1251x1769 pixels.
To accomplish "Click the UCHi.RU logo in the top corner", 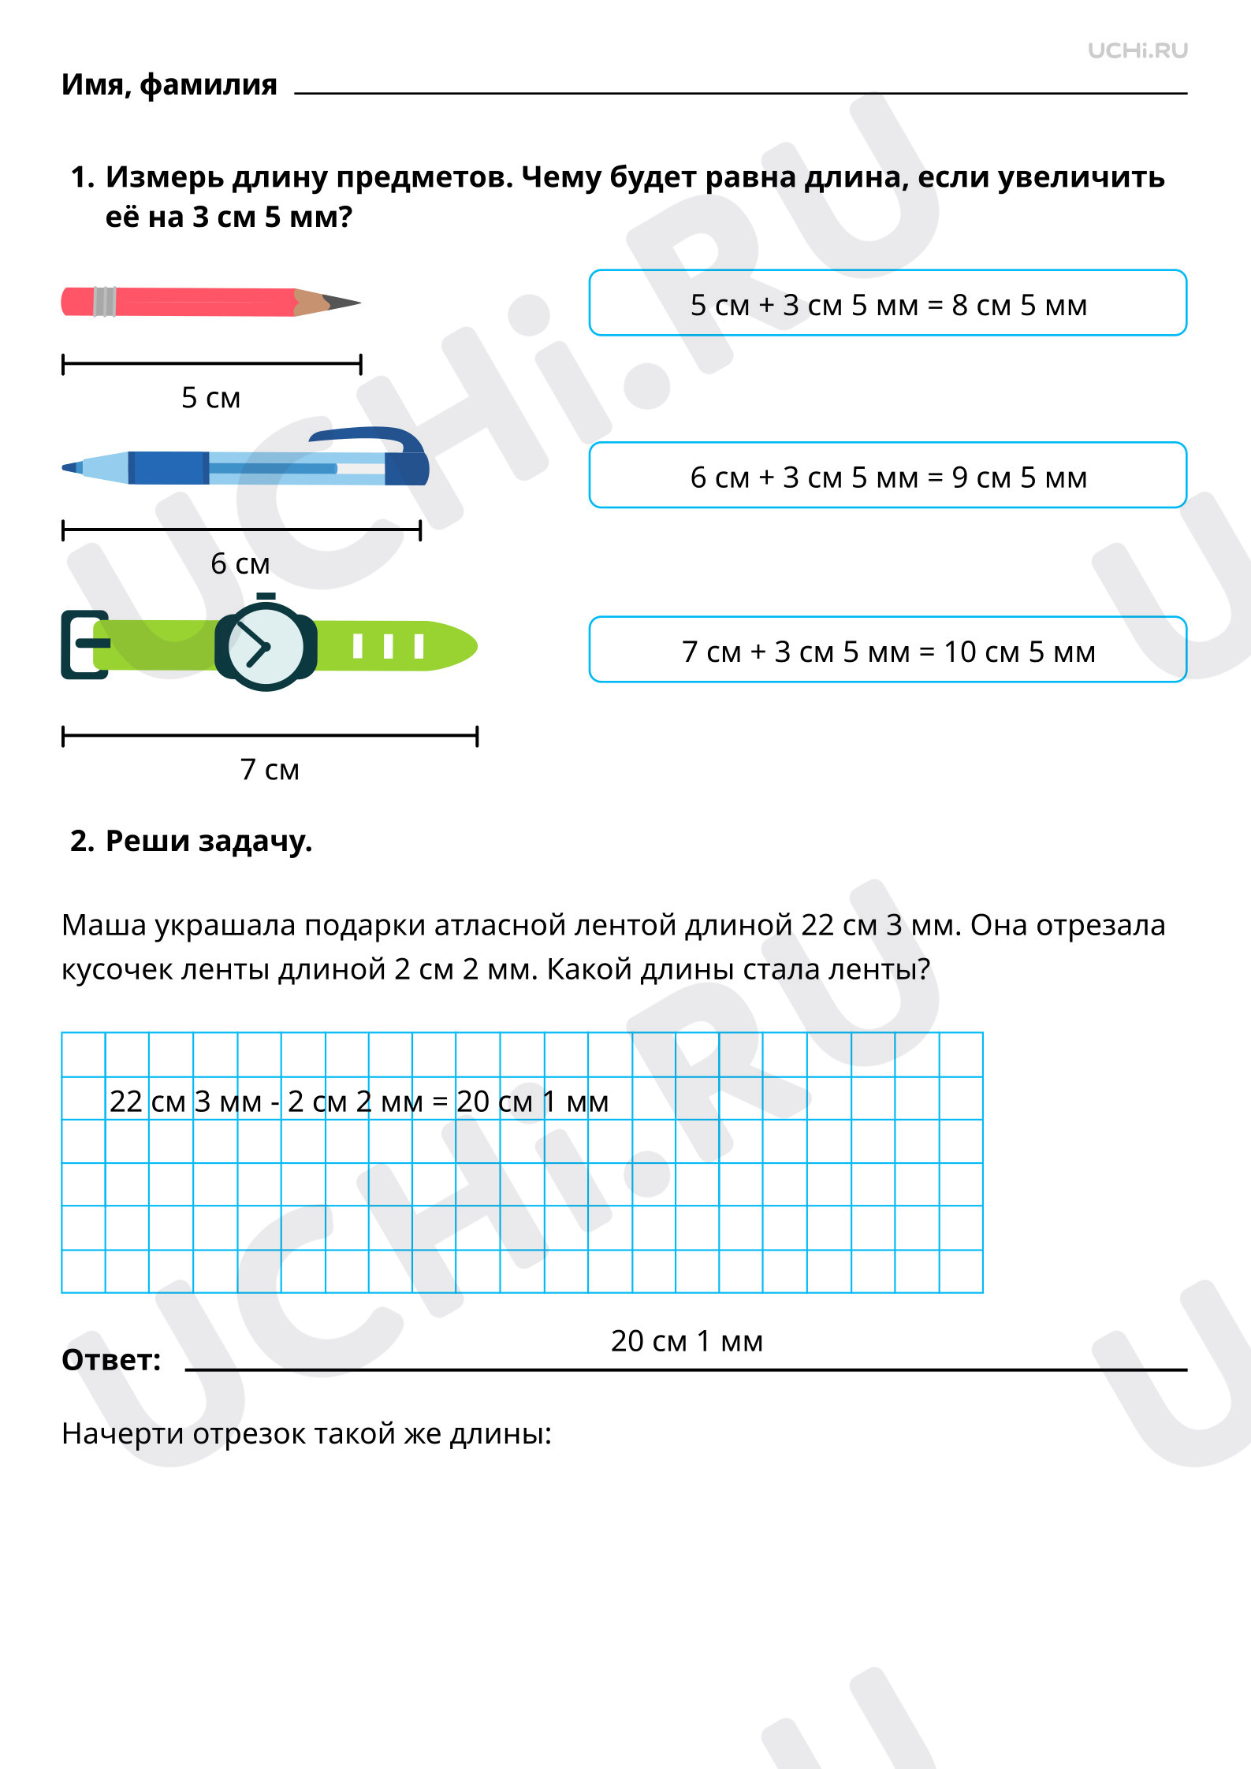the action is [x=1137, y=50].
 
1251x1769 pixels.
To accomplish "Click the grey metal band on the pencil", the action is [x=105, y=302].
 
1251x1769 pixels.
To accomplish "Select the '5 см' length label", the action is [x=211, y=398].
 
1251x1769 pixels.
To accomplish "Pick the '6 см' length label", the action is [x=240, y=563].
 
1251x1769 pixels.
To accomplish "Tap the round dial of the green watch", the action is [x=266, y=646].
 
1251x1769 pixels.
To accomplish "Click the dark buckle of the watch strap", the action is [x=84, y=645].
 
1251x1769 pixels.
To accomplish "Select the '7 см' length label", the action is [x=270, y=769].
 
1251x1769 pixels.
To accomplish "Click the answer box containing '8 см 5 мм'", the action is [x=888, y=303].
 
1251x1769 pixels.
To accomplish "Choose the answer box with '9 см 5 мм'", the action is [x=888, y=475].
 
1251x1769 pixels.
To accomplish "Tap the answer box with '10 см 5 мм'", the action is [x=888, y=649].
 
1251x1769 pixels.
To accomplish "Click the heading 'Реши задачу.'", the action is [x=209, y=842].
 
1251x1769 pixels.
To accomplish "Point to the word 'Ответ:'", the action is [x=111, y=1359].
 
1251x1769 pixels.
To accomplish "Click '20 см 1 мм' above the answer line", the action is [x=687, y=1340].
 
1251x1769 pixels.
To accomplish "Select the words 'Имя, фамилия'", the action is [x=169, y=85].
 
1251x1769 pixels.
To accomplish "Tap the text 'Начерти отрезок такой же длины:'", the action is [x=307, y=1433].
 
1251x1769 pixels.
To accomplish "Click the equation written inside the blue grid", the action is [x=359, y=1102].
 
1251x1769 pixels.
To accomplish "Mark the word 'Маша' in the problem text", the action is [x=104, y=925].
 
